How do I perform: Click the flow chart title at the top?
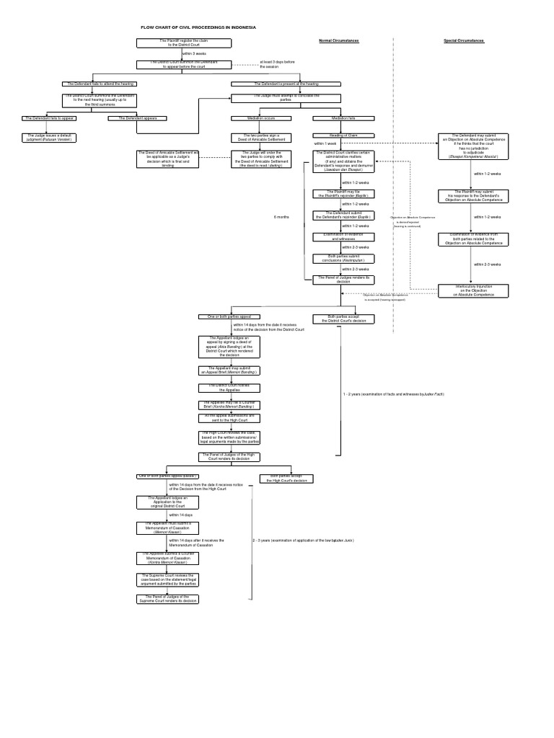[x=198, y=27]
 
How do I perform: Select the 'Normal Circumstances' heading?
[x=338, y=41]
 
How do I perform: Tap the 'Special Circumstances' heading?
[x=463, y=41]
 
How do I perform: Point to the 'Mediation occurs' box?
[x=252, y=117]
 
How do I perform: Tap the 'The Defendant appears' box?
[x=137, y=117]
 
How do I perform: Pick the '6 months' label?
[x=281, y=216]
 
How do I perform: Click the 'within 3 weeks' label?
[x=195, y=53]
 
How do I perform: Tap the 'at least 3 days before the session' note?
[x=278, y=64]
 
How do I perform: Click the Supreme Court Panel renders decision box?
[x=167, y=598]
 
